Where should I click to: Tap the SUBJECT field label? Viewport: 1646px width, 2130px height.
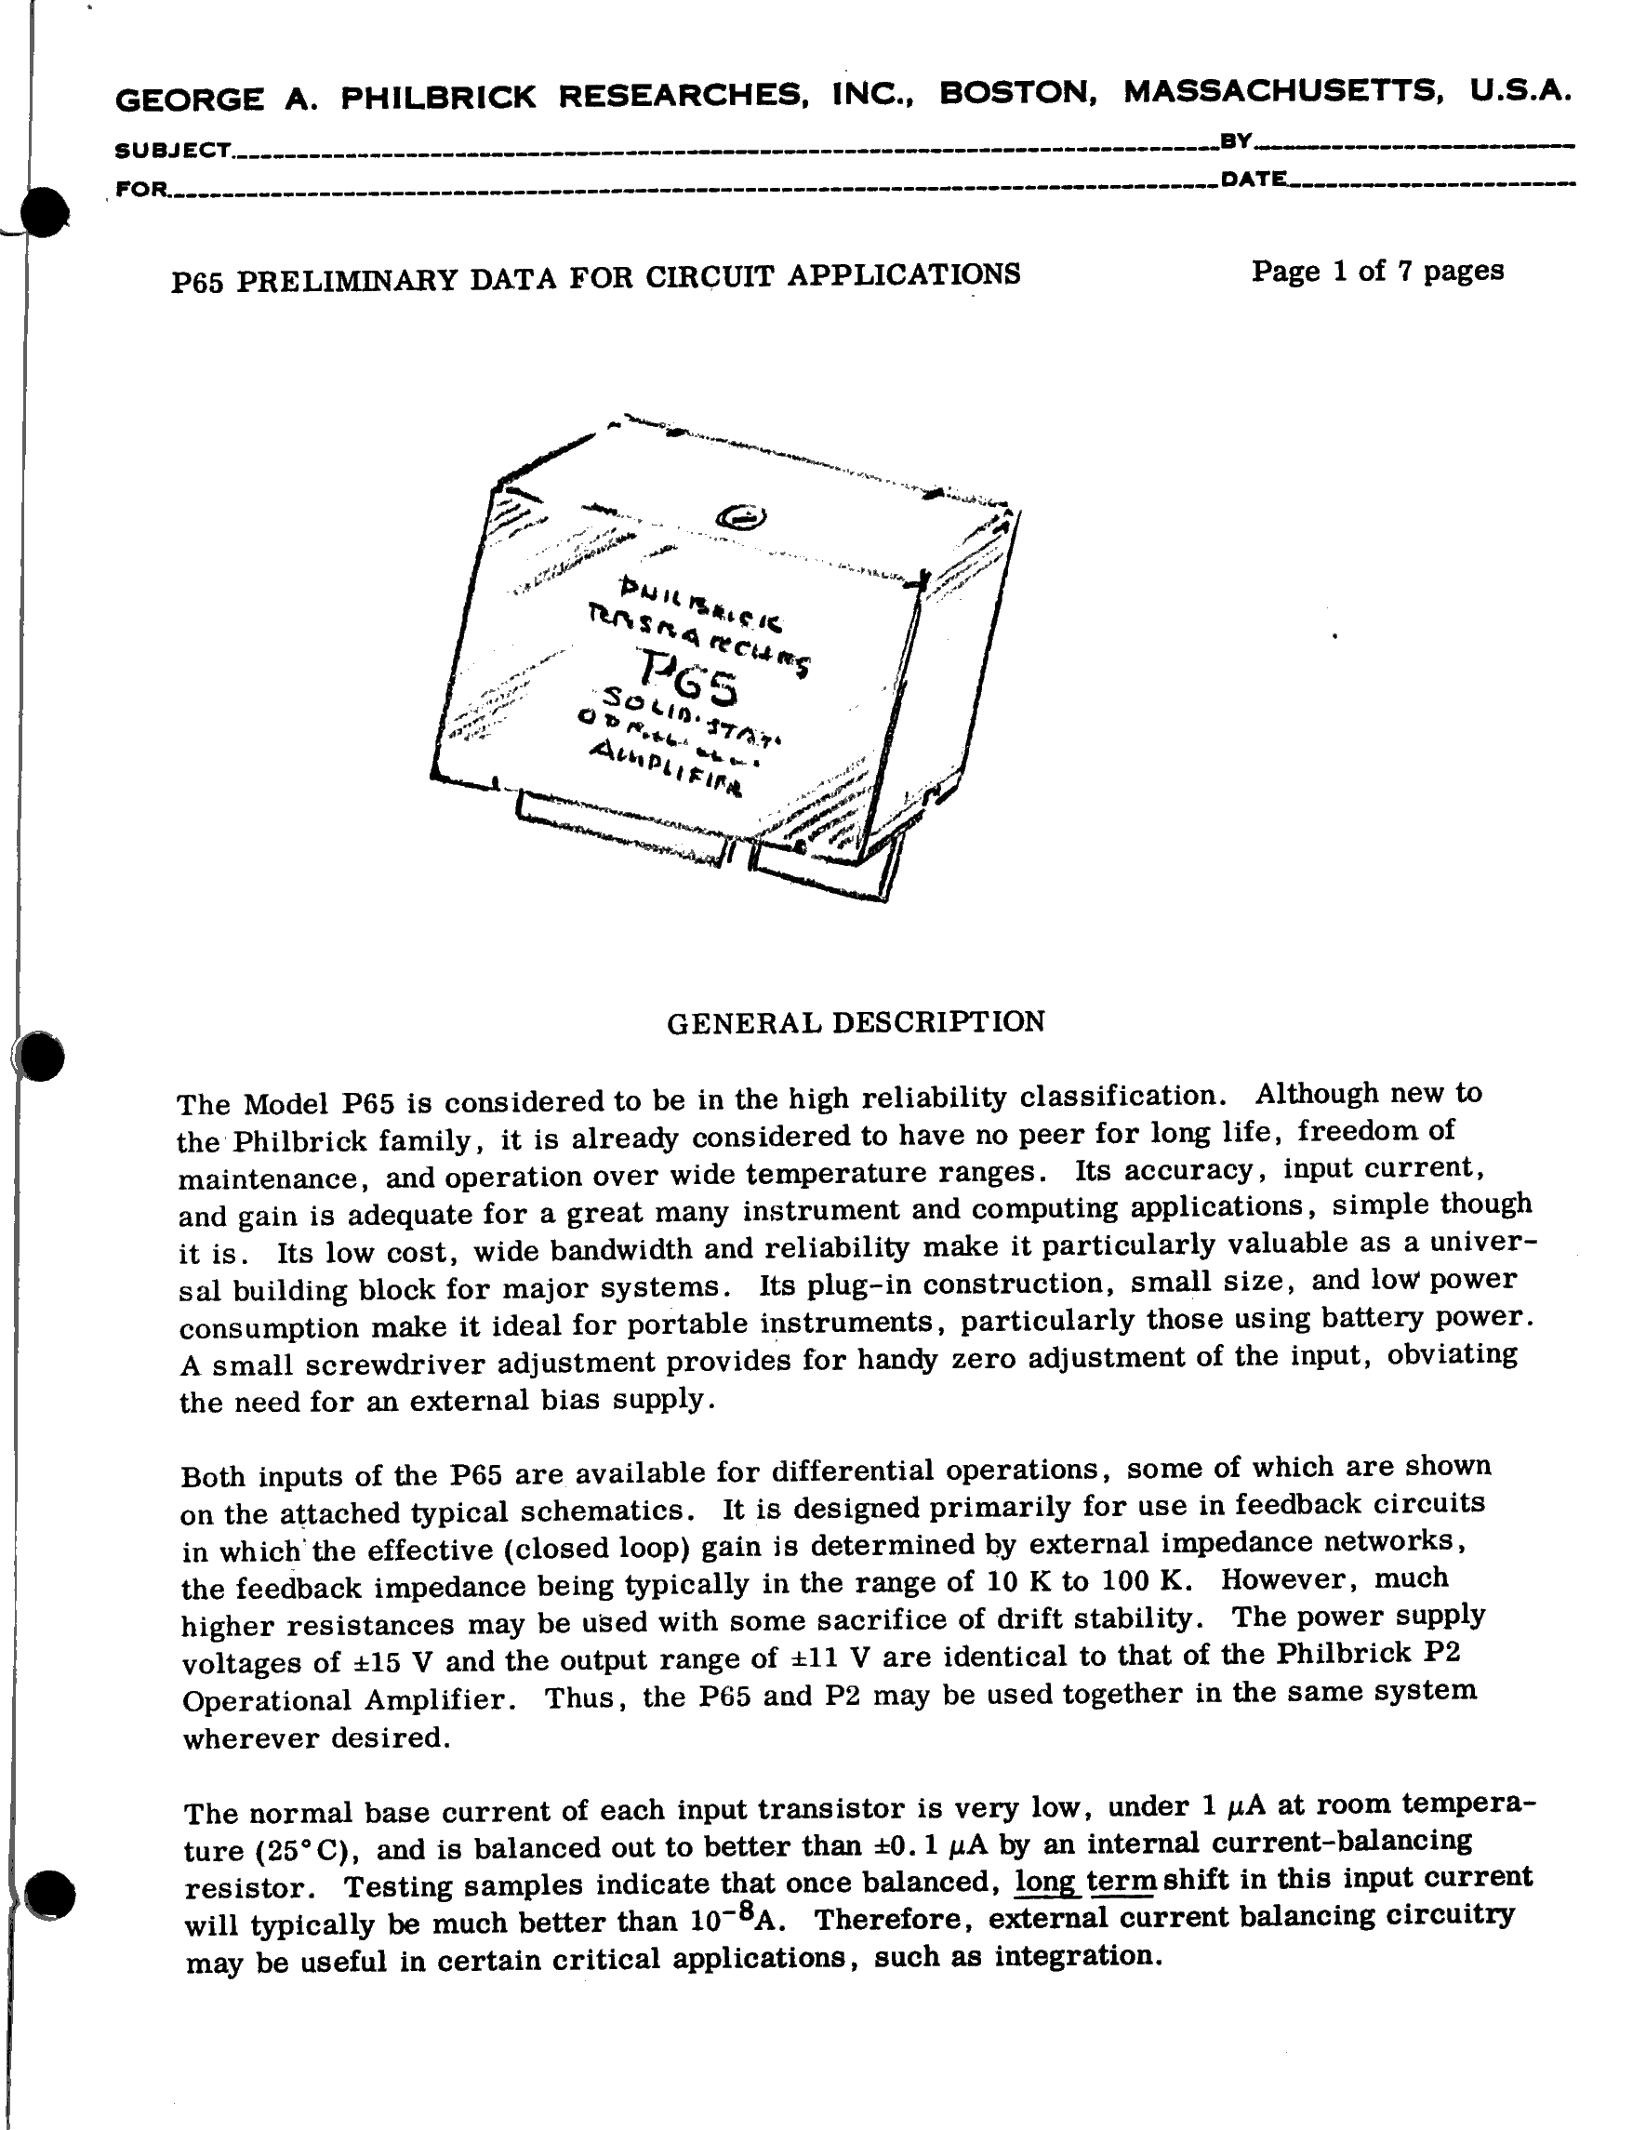[x=173, y=150]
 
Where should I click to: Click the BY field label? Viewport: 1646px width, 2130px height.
[x=1237, y=141]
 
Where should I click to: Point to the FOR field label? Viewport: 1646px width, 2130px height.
[x=141, y=188]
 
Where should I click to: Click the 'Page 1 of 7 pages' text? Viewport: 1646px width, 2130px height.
[x=1377, y=270]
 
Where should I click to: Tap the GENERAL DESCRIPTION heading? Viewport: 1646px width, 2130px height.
[x=856, y=1021]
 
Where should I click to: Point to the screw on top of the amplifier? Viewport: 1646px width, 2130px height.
[x=740, y=518]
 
